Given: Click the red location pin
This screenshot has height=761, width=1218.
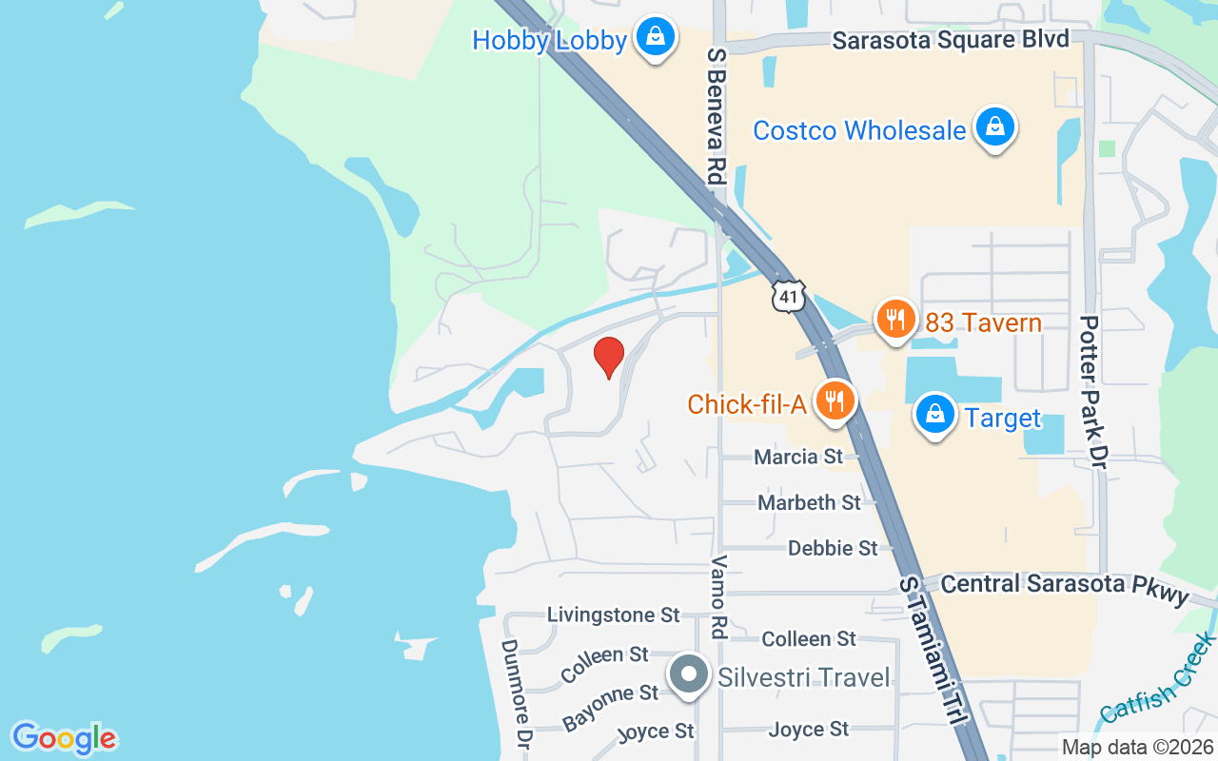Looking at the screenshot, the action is point(609,358).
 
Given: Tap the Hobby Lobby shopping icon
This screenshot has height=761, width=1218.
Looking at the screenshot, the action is point(655,38).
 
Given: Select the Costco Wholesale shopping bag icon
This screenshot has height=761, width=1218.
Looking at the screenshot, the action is point(994,127).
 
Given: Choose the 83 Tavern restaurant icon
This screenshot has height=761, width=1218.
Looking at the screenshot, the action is point(894,321).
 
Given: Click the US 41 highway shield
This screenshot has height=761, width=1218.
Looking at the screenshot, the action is point(789,296).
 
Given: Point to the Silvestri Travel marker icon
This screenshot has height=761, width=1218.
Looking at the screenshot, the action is point(689,675).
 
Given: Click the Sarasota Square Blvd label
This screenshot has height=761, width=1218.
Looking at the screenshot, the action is point(951,40).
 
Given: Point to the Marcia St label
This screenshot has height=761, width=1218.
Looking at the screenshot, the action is point(797,457).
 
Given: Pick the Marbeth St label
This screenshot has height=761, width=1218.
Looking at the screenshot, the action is point(809,501).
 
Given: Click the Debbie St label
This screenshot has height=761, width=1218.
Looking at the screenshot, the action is point(833,548).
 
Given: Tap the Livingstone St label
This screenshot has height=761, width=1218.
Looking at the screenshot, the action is point(613,615).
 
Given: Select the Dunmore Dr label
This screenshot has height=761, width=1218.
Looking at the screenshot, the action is point(515,693).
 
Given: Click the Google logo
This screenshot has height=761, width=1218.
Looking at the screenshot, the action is point(64,738).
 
